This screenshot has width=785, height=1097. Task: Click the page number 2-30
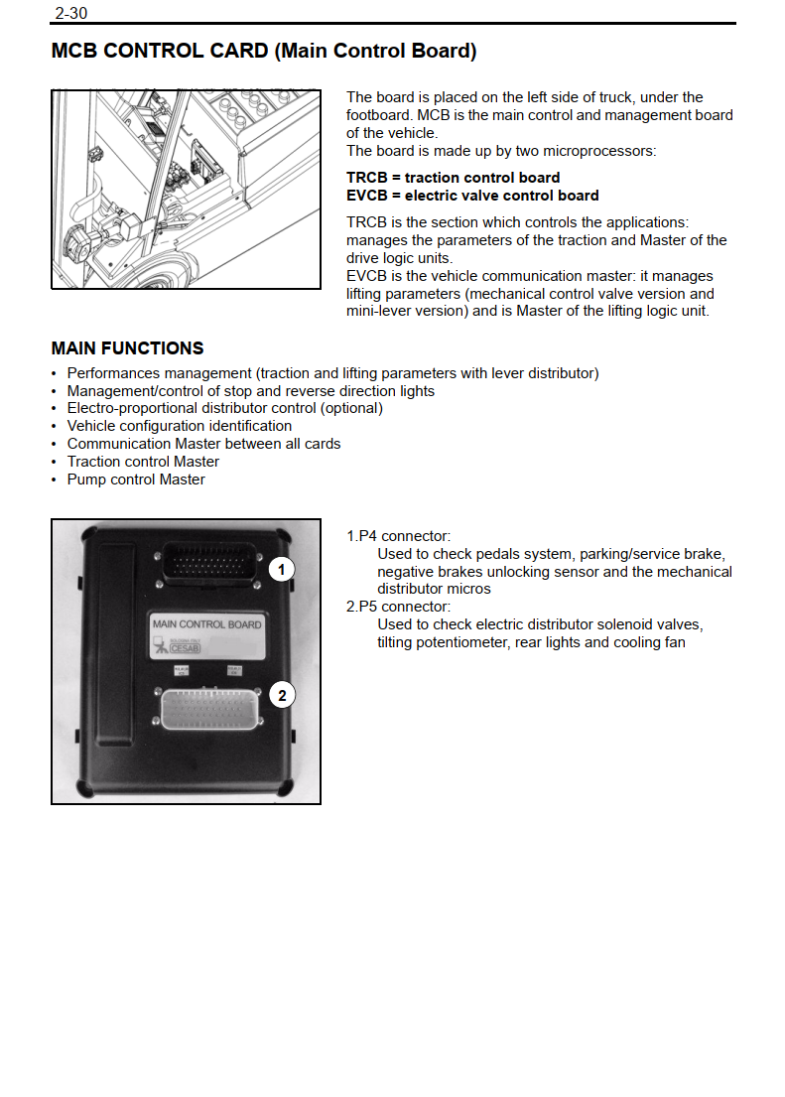[x=70, y=13]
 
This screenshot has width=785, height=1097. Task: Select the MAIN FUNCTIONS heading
[x=127, y=348]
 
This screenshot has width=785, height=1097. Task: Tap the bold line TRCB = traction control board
[x=453, y=178]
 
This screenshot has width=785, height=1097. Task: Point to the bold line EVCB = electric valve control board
[x=472, y=196]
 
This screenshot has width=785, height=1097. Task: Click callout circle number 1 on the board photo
[x=283, y=569]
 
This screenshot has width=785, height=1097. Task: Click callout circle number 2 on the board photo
[x=282, y=695]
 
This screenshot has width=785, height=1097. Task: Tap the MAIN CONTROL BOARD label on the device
[x=206, y=624]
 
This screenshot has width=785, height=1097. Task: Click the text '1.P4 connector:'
[x=398, y=536]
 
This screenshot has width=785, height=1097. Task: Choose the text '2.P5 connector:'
[x=398, y=607]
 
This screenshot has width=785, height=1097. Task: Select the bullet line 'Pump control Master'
[x=136, y=480]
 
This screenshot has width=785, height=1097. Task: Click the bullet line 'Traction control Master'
[x=143, y=462]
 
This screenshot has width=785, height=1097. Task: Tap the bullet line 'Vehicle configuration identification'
[x=179, y=426]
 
